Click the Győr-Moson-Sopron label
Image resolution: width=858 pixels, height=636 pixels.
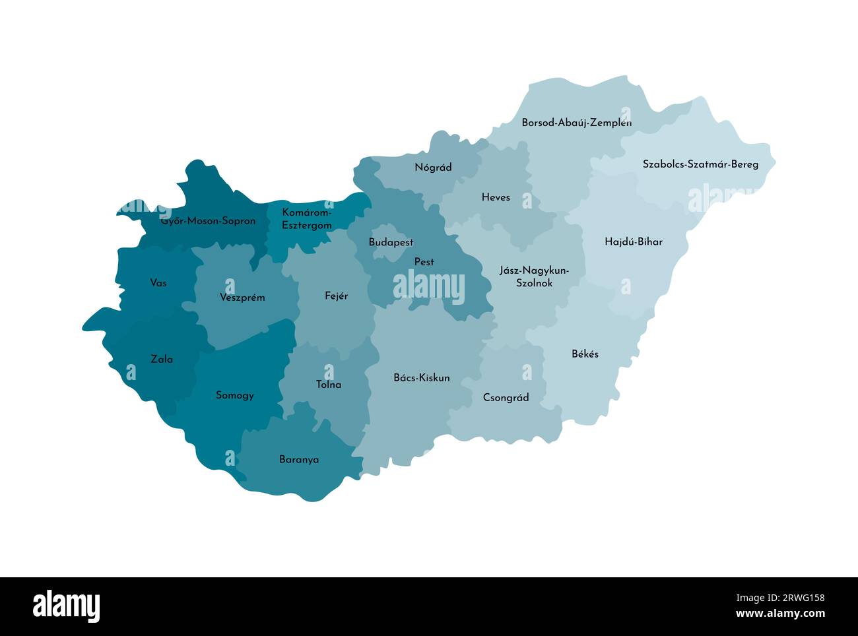click(208, 221)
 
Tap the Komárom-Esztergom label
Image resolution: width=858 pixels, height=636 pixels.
click(307, 219)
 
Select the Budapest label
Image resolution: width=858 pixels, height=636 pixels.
click(391, 242)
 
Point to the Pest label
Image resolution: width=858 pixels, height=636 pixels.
click(424, 262)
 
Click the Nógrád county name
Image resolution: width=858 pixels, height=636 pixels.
click(433, 168)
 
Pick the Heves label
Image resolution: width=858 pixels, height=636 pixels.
click(496, 197)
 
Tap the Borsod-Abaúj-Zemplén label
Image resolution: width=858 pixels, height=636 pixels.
click(576, 123)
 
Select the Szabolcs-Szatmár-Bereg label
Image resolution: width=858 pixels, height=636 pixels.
click(700, 164)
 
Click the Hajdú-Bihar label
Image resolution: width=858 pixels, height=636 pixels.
click(633, 241)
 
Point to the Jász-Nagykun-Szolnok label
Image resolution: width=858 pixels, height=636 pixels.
click(534, 276)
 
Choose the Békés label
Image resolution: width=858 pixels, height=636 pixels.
click(585, 354)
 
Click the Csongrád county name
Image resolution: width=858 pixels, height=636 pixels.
click(506, 397)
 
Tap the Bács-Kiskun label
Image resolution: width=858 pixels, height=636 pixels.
click(421, 378)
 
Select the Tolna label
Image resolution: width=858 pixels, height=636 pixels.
click(329, 384)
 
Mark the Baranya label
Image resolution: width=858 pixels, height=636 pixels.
click(299, 459)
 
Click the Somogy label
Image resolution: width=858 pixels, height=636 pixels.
click(235, 395)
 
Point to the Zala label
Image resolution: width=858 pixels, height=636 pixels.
click(162, 360)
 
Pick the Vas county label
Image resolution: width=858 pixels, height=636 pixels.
click(158, 283)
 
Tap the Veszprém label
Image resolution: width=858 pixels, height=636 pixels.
click(242, 298)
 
